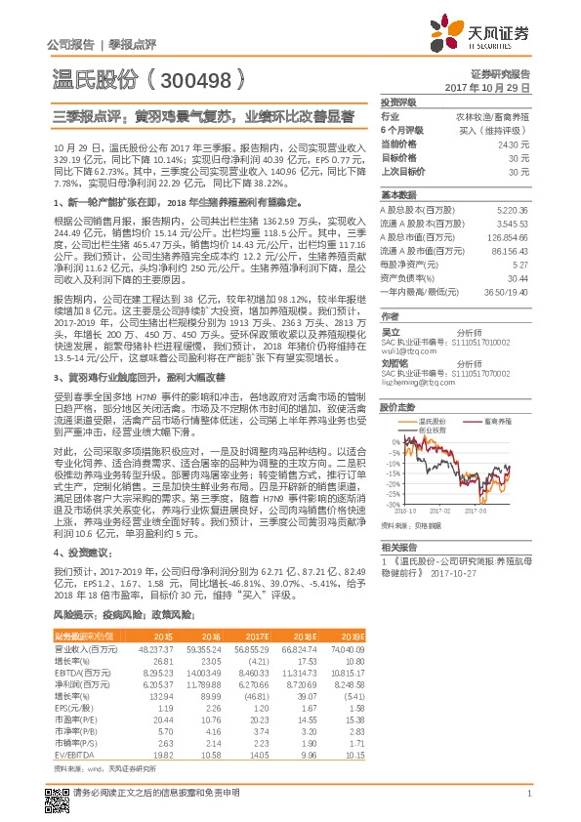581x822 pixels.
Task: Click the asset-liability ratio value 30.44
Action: [519, 277]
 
